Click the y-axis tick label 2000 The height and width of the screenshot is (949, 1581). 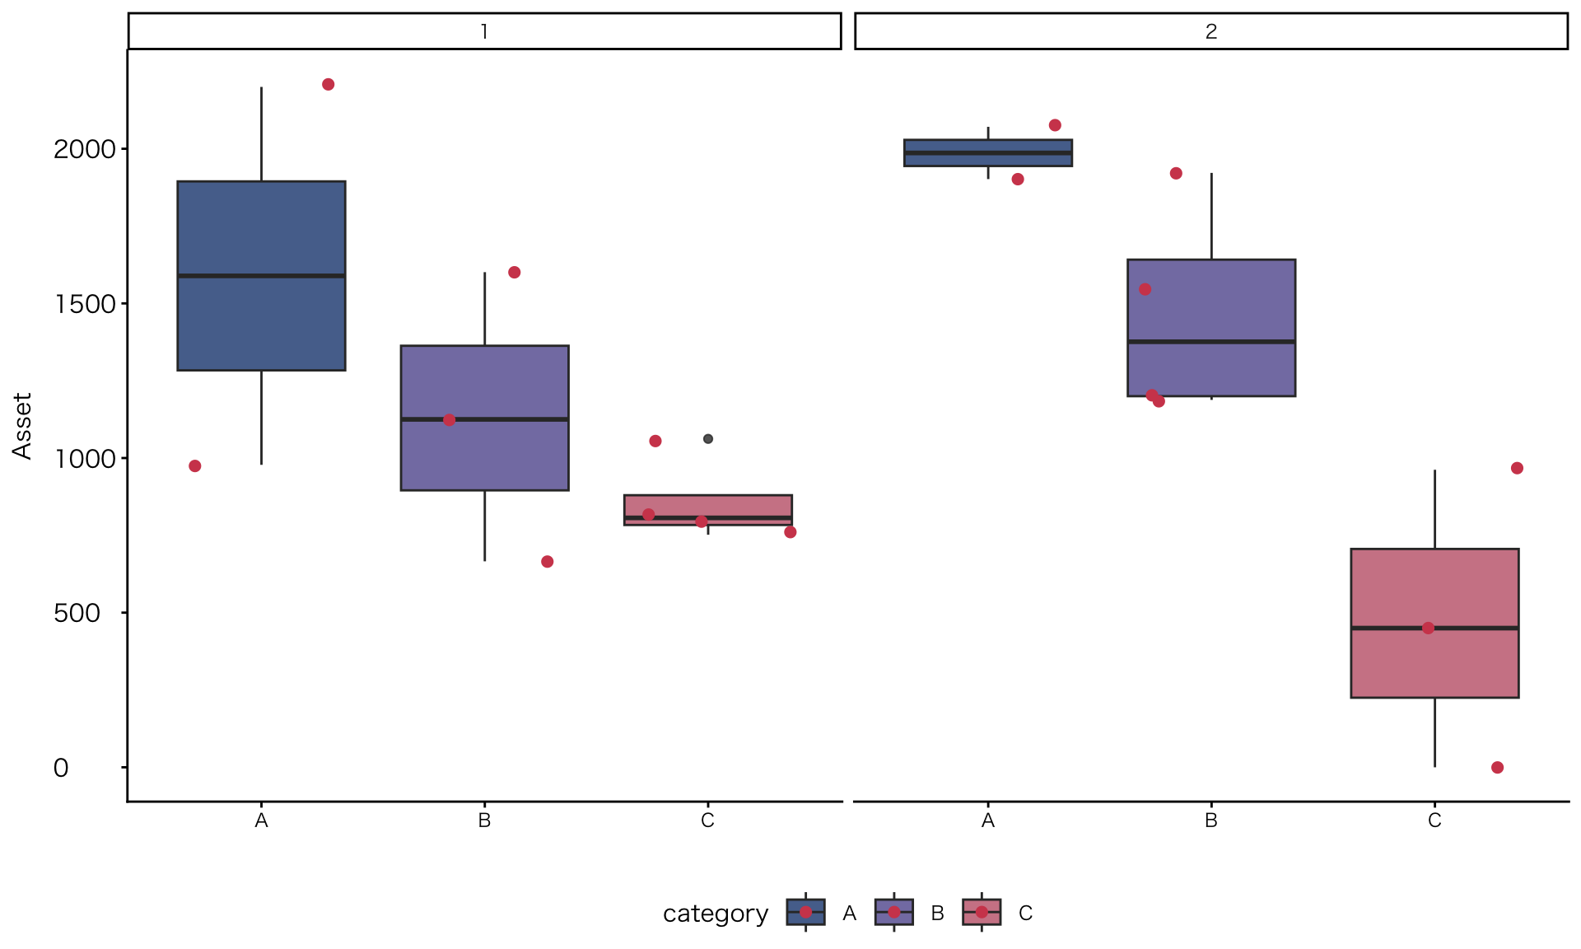pos(85,149)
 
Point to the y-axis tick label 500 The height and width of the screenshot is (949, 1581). pos(77,613)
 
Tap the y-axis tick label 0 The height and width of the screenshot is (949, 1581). pos(61,768)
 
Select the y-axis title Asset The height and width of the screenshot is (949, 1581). pos(22,425)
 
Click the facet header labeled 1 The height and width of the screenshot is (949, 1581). pos(484,31)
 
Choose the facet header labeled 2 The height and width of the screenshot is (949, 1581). pos(1210,31)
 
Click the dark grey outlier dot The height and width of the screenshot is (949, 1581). pos(708,439)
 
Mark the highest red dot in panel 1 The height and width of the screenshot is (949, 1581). pos(329,85)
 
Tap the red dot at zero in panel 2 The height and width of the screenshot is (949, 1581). pos(1497,768)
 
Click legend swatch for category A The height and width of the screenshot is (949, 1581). pos(805,913)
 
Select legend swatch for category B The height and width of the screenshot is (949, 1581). pos(893,913)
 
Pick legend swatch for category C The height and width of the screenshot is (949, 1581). pos(982,913)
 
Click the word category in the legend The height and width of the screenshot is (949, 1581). pos(715,914)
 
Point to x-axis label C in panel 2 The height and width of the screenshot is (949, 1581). pos(1434,820)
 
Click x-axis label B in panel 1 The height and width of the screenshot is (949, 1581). pos(484,820)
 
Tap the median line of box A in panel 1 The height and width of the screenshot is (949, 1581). pos(261,276)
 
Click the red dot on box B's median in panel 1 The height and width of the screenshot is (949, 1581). pos(450,420)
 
